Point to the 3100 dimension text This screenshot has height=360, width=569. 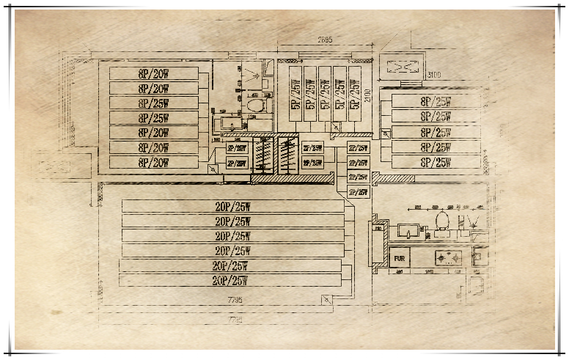point(434,76)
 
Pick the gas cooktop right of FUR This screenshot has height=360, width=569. point(446,258)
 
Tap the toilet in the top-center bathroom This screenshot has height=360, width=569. point(254,103)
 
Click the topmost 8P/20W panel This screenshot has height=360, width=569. point(153,73)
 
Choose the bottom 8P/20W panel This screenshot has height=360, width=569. point(153,162)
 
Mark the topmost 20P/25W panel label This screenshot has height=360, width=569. point(232,206)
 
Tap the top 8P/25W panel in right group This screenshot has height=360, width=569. point(436,101)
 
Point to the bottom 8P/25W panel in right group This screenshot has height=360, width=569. point(436,162)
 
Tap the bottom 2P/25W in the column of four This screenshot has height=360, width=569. point(358,192)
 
